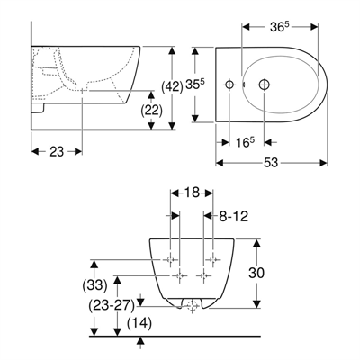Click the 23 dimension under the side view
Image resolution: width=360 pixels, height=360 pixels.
[56, 154]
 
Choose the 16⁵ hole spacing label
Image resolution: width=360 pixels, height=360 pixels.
[247, 142]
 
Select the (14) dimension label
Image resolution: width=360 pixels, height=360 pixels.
[139, 321]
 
